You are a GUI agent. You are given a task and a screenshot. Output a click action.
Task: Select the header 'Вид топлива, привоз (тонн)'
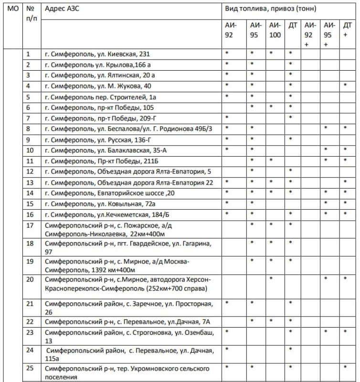270,9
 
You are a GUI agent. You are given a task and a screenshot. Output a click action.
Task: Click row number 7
29,118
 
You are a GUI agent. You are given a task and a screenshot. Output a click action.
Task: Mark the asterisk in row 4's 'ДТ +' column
345,85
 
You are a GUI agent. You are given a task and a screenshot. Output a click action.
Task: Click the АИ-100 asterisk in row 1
271,53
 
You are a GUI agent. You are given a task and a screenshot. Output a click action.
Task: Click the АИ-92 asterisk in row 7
227,117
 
